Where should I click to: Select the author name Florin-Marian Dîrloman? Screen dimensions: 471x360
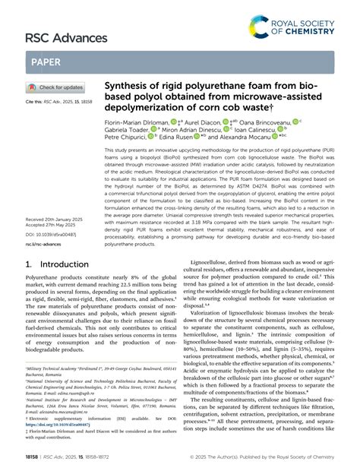pyautogui.click(x=134, y=121)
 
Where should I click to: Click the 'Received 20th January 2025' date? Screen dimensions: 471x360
pyautogui.click(x=58, y=220)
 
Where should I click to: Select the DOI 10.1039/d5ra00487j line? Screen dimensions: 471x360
pyautogui.click(x=57, y=235)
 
